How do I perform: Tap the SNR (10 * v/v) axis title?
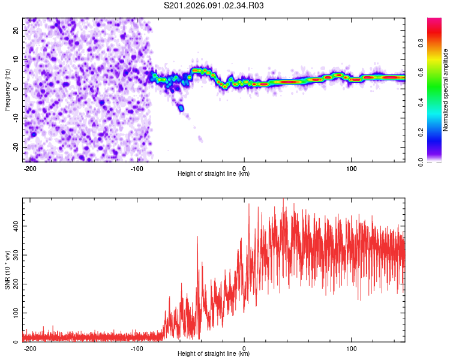pos(8,270)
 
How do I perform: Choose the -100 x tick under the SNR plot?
pos(137,348)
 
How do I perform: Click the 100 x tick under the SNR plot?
pos(351,348)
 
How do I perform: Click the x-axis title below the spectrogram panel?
pos(214,174)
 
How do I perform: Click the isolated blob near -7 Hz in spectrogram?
pos(181,108)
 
